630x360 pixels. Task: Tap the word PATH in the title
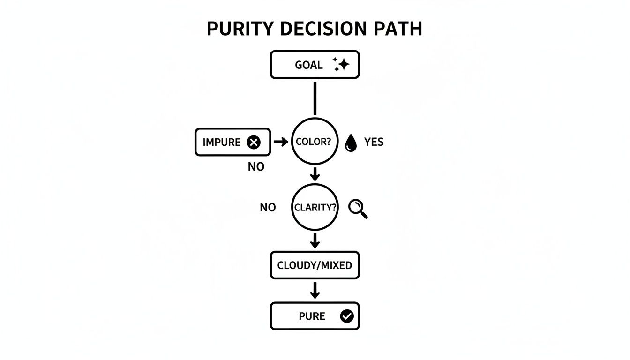[x=398, y=29]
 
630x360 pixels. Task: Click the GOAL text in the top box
[x=309, y=65]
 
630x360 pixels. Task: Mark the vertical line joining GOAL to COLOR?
[x=315, y=98]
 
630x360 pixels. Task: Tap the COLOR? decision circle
[x=315, y=142]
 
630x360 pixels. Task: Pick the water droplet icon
[x=351, y=142]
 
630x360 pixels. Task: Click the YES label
[x=374, y=142]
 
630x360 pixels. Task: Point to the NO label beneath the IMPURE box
[x=256, y=167]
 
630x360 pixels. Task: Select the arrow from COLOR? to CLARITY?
[x=315, y=174]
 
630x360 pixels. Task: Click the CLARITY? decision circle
[x=315, y=207]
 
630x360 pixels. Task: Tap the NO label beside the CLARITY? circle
[x=268, y=208]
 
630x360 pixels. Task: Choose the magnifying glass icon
[x=358, y=208]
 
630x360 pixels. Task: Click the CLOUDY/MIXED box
[x=315, y=265]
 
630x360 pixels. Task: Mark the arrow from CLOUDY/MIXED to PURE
[x=315, y=290]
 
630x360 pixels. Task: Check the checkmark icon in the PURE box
[x=347, y=316]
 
